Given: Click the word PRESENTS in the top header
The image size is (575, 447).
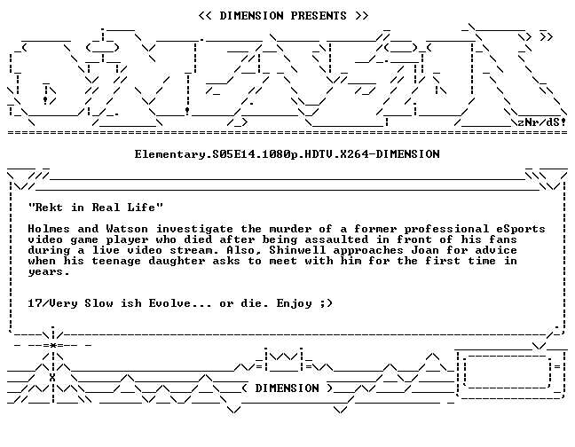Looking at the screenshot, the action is click(319, 16).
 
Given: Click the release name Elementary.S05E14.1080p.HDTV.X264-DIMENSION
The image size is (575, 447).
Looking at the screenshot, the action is click(287, 154).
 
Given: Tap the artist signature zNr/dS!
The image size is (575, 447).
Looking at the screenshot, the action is click(541, 122).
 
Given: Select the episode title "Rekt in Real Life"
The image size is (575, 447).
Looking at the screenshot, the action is click(96, 208).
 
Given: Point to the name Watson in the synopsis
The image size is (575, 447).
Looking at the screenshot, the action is click(127, 229).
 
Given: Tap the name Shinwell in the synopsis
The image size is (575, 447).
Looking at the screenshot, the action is click(297, 250).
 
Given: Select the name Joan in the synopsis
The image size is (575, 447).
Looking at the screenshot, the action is click(425, 250).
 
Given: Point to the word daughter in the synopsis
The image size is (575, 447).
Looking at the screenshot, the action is click(177, 261).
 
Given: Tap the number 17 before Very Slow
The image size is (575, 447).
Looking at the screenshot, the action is click(35, 303).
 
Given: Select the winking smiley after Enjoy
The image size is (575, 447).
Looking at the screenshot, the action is click(326, 303).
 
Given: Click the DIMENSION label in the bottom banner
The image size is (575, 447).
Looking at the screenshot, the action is click(287, 388).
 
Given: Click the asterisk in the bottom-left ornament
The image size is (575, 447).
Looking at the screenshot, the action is click(53, 345).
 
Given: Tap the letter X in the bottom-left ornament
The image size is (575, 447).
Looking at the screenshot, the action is click(53, 378).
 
